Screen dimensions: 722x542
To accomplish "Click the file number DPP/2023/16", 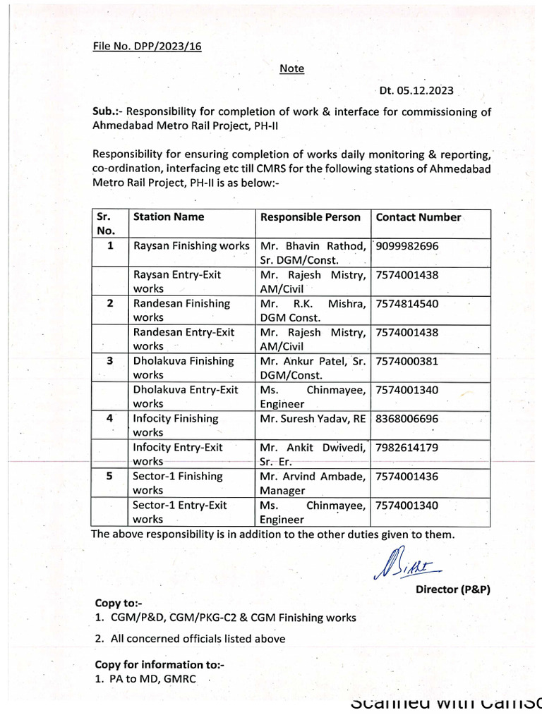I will [x=147, y=47].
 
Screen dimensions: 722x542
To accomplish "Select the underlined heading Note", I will [x=291, y=68].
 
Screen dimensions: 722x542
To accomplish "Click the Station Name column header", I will [x=169, y=217].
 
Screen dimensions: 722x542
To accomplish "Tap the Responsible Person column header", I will [x=311, y=217].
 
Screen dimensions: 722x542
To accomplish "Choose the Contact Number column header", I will [x=418, y=217].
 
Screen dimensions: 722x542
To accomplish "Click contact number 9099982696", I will [x=407, y=246].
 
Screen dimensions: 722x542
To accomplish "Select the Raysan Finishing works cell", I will [x=191, y=246].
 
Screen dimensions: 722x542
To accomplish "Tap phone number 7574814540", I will [x=407, y=303].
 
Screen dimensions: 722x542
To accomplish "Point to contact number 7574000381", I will [x=407, y=361].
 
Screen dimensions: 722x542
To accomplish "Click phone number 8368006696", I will [x=407, y=418].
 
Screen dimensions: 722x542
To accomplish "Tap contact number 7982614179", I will [x=407, y=447].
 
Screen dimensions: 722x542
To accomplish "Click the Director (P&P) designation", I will [x=452, y=589].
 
